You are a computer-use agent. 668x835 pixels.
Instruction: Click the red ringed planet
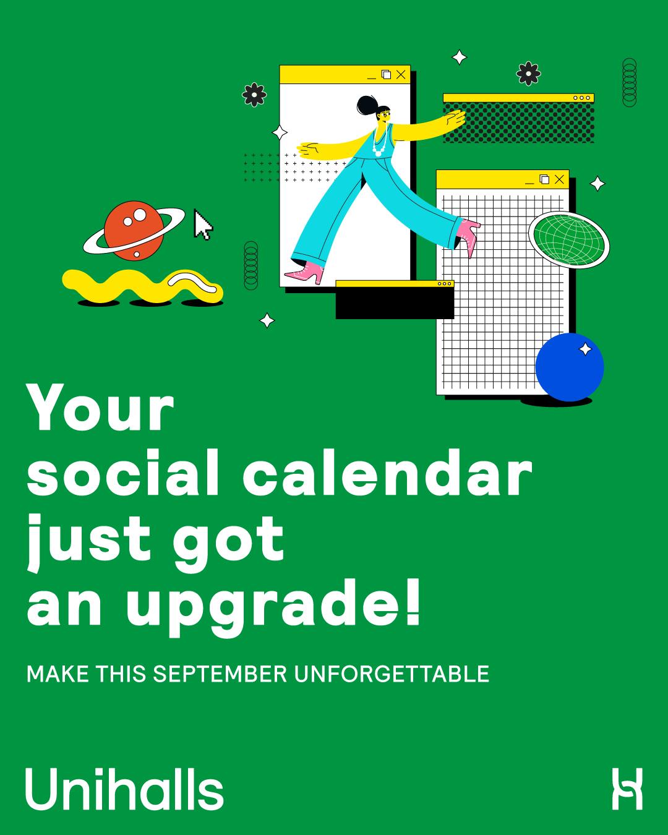[134, 231]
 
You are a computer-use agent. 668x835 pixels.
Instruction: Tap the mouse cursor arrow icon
[203, 225]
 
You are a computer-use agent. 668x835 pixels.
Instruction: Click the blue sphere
[570, 367]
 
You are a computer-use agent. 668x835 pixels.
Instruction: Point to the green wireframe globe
[568, 240]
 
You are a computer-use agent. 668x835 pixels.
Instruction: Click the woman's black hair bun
[366, 105]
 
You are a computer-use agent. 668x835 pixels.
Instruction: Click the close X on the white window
[401, 74]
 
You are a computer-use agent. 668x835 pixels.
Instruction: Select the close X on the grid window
[559, 179]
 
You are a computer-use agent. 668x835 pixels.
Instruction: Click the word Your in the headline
[100, 407]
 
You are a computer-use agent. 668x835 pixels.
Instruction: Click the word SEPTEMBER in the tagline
[220, 674]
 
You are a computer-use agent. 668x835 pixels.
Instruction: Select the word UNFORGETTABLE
[392, 674]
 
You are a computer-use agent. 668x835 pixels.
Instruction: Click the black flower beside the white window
[254, 94]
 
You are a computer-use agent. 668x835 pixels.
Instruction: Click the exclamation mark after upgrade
[413, 602]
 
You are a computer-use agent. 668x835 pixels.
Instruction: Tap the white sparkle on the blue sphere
[585, 349]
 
